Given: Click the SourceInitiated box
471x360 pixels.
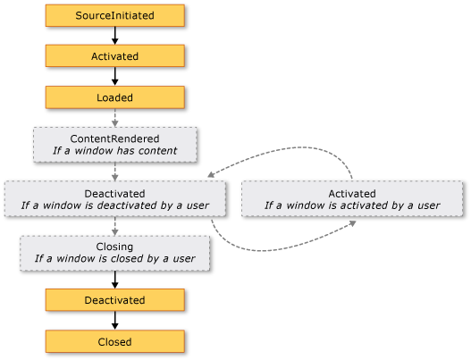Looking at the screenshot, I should [114, 16].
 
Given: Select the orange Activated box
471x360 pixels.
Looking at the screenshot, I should [114, 55].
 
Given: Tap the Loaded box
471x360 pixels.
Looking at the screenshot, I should [114, 96].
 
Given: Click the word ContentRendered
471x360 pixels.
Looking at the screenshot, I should [114, 138].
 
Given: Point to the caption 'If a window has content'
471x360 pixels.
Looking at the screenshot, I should [114, 152].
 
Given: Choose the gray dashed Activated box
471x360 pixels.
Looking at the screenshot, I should [352, 198].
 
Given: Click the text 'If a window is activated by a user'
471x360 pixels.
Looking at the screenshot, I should [352, 205].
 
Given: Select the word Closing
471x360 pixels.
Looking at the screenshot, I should [114, 246].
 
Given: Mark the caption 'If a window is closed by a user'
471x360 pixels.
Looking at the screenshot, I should [114, 259].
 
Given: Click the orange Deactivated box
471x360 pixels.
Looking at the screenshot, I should [114, 300].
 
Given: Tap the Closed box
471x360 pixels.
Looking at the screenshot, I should [114, 341].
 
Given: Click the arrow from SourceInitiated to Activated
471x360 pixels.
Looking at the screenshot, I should [114, 36].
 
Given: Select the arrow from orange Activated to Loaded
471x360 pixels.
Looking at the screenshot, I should [114, 76].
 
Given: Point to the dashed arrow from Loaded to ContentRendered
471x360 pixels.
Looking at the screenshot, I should [114, 117].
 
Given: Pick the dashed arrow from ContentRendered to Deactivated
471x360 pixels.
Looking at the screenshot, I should [114, 171].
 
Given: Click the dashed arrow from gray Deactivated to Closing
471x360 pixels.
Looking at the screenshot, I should [114, 225].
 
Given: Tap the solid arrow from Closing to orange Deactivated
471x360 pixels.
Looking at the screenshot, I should [114, 279].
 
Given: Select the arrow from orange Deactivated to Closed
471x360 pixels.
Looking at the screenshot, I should [114, 321].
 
